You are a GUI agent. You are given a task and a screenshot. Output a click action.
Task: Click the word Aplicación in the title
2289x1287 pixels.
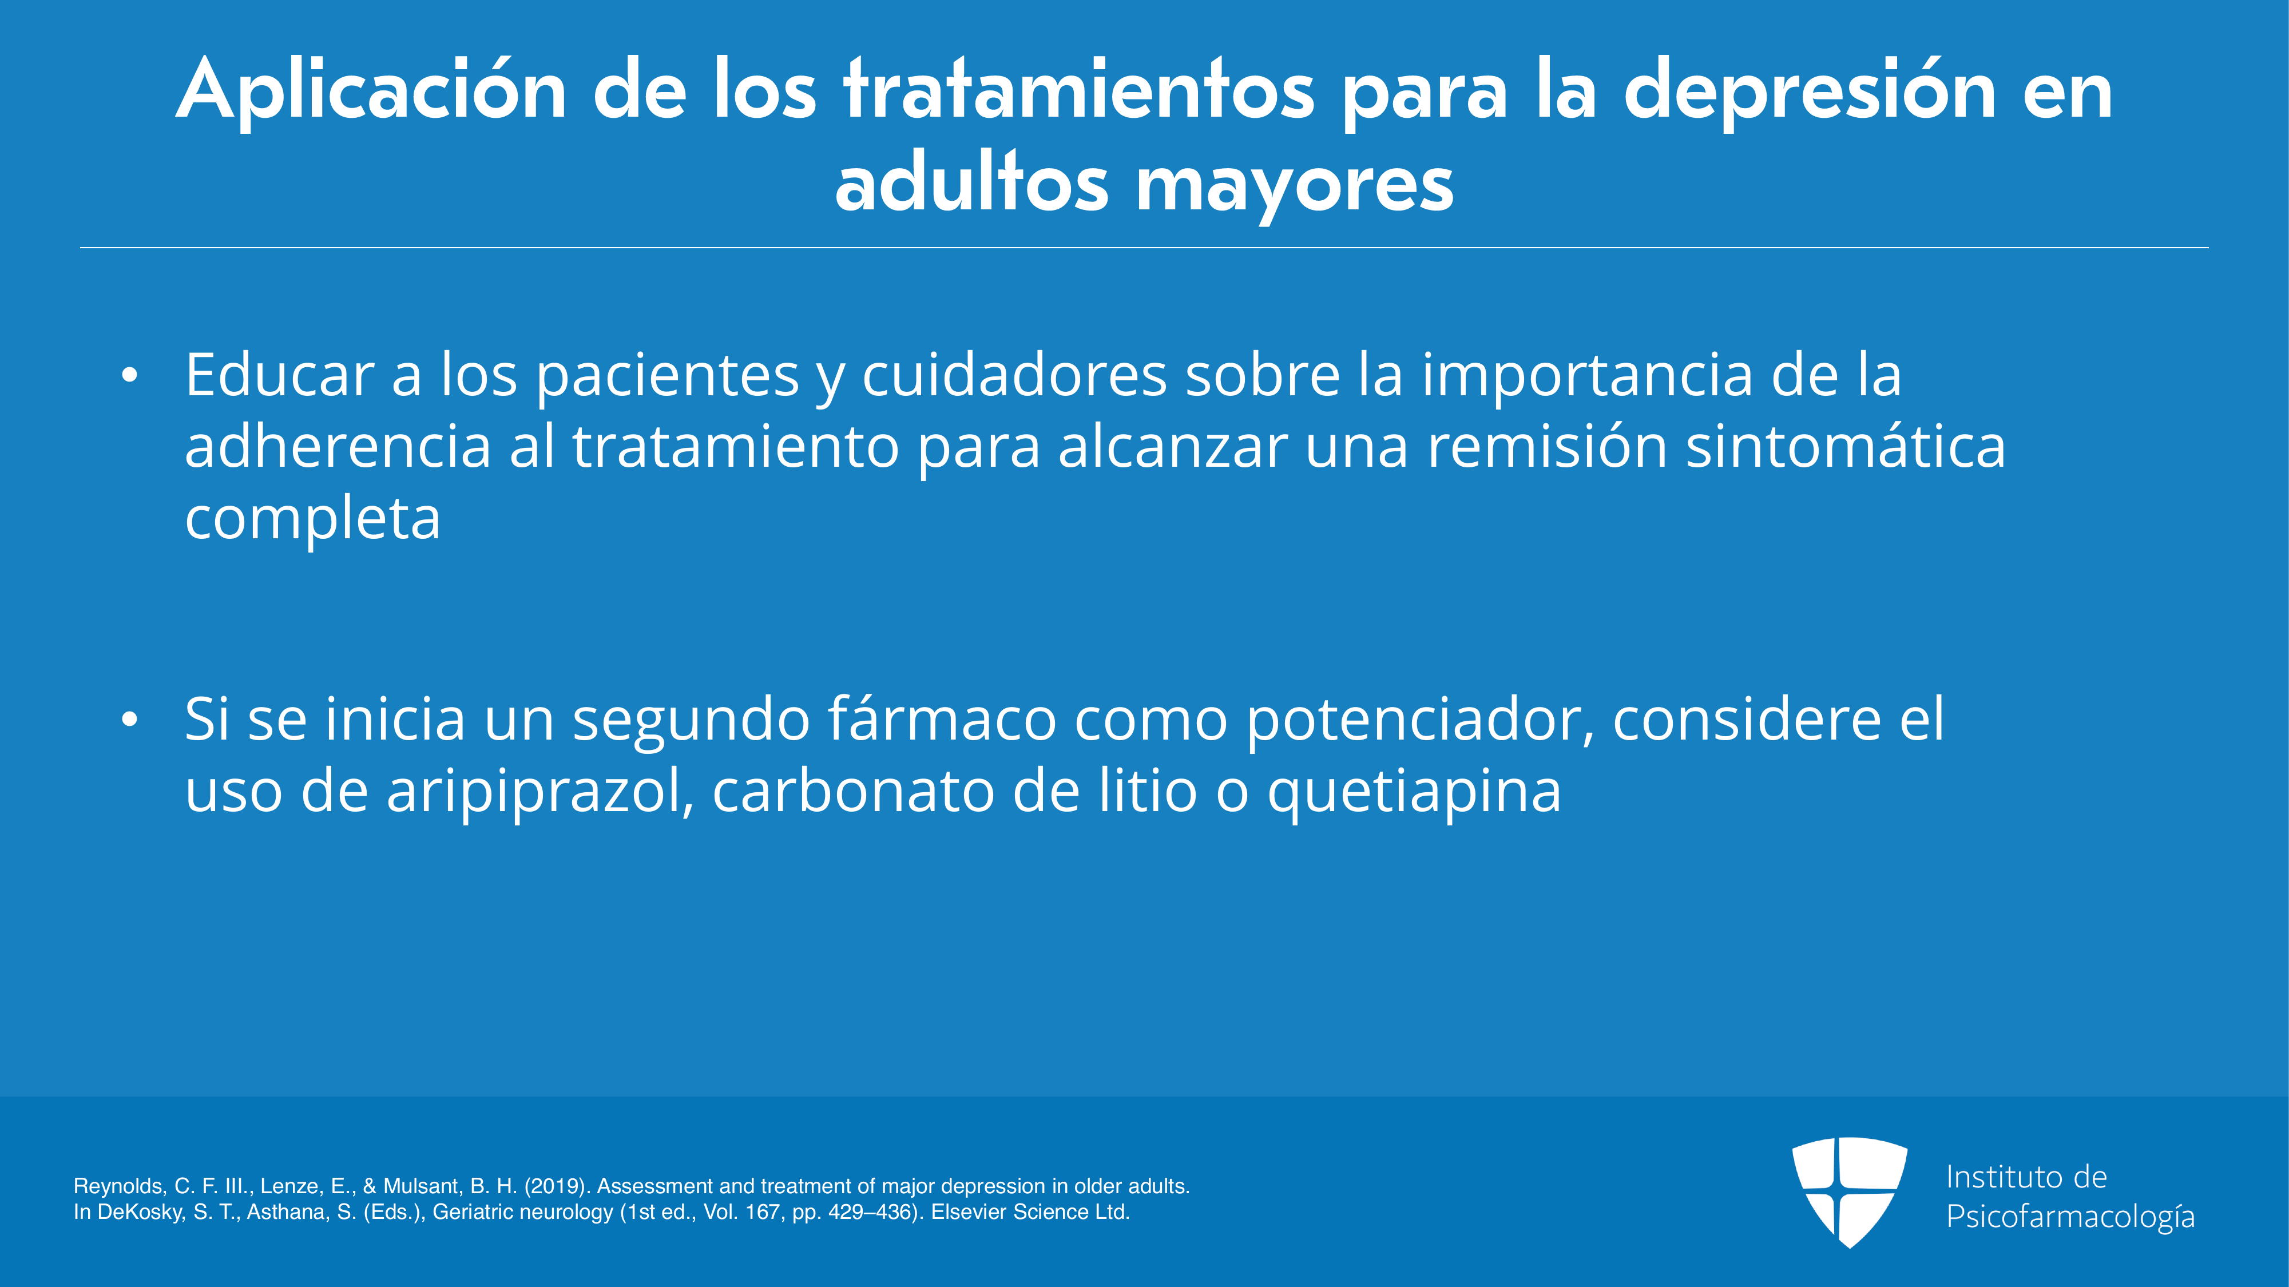371,90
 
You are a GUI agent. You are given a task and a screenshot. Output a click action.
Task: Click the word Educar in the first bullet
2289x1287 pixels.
279,374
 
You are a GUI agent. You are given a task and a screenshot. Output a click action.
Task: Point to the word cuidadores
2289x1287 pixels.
1014,374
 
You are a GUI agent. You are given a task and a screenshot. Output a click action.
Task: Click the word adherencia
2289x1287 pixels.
338,446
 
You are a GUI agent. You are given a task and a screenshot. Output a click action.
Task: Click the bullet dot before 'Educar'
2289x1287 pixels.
130,376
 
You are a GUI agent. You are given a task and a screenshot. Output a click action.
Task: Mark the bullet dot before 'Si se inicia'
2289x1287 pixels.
130,720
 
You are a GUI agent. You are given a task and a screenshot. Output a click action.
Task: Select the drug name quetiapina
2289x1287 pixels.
1414,791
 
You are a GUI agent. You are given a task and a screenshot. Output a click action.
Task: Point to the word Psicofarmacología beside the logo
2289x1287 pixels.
2070,1217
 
